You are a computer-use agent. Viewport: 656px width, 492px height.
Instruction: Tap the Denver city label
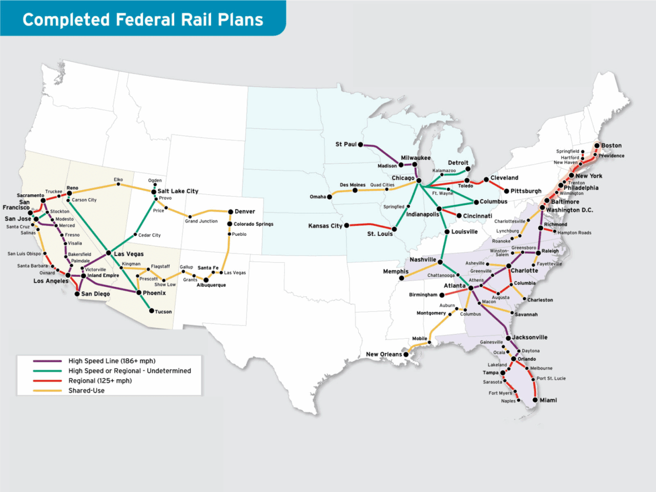pyautogui.click(x=244, y=211)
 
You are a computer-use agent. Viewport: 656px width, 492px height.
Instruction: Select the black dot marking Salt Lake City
pyautogui.click(x=154, y=192)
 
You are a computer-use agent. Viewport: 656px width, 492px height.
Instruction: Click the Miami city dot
pyautogui.click(x=535, y=400)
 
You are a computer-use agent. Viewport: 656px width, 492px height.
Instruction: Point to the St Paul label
pyautogui.click(x=345, y=145)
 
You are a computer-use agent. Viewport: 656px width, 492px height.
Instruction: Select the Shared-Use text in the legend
pyautogui.click(x=86, y=391)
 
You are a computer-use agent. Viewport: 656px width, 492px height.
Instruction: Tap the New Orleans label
pyautogui.click(x=384, y=354)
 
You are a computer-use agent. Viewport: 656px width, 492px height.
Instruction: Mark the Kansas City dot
pyautogui.click(x=346, y=225)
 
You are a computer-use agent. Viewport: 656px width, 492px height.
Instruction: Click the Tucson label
pyautogui.click(x=163, y=312)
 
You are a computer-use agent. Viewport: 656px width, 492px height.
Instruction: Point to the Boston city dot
pyautogui.click(x=597, y=146)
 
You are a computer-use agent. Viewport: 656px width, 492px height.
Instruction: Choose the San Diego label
pyautogui.click(x=95, y=294)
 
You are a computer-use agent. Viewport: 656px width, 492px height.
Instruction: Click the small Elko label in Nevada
pyautogui.click(x=118, y=180)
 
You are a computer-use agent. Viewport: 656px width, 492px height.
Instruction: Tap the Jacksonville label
pyautogui.click(x=530, y=337)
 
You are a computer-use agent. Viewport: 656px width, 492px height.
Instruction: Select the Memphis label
pyautogui.click(x=396, y=272)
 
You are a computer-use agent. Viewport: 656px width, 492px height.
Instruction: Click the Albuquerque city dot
pyautogui.click(x=206, y=280)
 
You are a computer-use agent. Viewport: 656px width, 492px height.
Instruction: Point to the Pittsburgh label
pyautogui.click(x=526, y=191)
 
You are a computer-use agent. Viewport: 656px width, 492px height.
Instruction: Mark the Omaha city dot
pyautogui.click(x=330, y=197)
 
